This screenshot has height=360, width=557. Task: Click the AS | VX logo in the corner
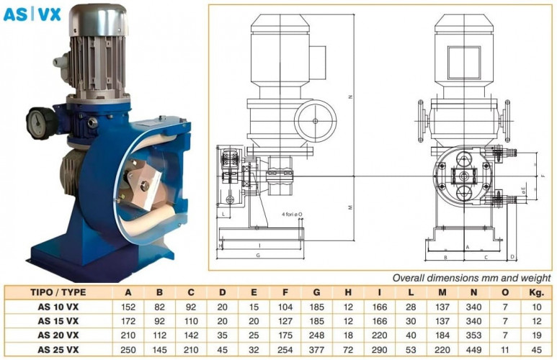(32, 14)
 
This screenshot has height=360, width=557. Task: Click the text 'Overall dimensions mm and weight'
(471, 277)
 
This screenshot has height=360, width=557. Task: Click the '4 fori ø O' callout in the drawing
(295, 214)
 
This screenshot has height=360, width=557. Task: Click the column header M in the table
(441, 292)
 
